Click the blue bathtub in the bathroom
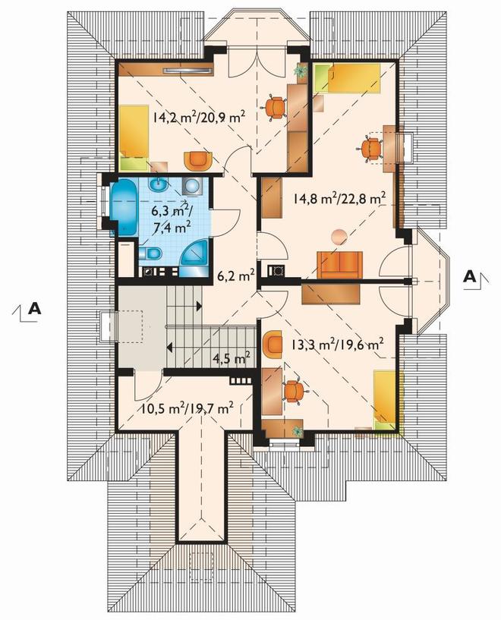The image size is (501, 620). pos(124,208)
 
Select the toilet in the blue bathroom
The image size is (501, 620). pos(150,253)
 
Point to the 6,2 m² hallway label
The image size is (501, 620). pos(235,275)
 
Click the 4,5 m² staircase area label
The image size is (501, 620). pos(232,359)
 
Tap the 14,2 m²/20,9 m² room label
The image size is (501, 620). pos(200,118)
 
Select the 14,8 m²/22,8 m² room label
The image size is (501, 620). pos(339,197)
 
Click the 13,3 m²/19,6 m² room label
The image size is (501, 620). pos(337,345)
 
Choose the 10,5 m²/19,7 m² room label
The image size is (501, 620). pos(187,408)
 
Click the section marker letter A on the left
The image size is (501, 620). pos(35,308)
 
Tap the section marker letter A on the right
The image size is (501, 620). pos(469,276)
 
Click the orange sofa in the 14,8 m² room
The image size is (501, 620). pos(339,265)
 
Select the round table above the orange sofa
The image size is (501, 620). pos(339,237)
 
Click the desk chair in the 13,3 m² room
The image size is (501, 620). pos(295,391)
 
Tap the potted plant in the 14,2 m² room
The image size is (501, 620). pos(301,71)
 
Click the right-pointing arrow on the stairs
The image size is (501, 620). pos(199,306)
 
